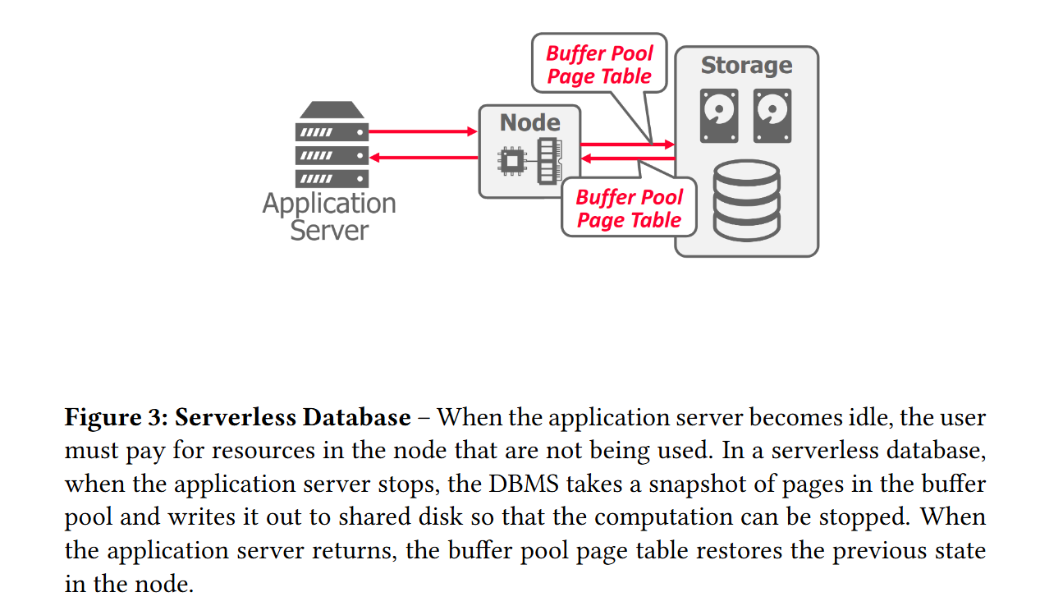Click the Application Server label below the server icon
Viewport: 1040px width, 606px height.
click(x=329, y=216)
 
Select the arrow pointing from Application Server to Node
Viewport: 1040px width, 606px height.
click(x=423, y=131)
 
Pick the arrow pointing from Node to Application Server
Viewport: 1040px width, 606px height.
click(x=423, y=157)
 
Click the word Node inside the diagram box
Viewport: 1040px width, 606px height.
click(x=530, y=123)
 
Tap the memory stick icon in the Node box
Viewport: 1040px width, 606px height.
click(x=547, y=160)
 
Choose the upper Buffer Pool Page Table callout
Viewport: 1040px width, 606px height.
click(x=599, y=65)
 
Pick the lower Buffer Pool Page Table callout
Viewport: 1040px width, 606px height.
click(x=629, y=209)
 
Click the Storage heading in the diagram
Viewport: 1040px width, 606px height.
click(x=746, y=66)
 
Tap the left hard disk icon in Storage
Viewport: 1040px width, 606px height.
click(x=719, y=116)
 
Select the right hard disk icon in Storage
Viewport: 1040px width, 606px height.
click(x=772, y=116)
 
